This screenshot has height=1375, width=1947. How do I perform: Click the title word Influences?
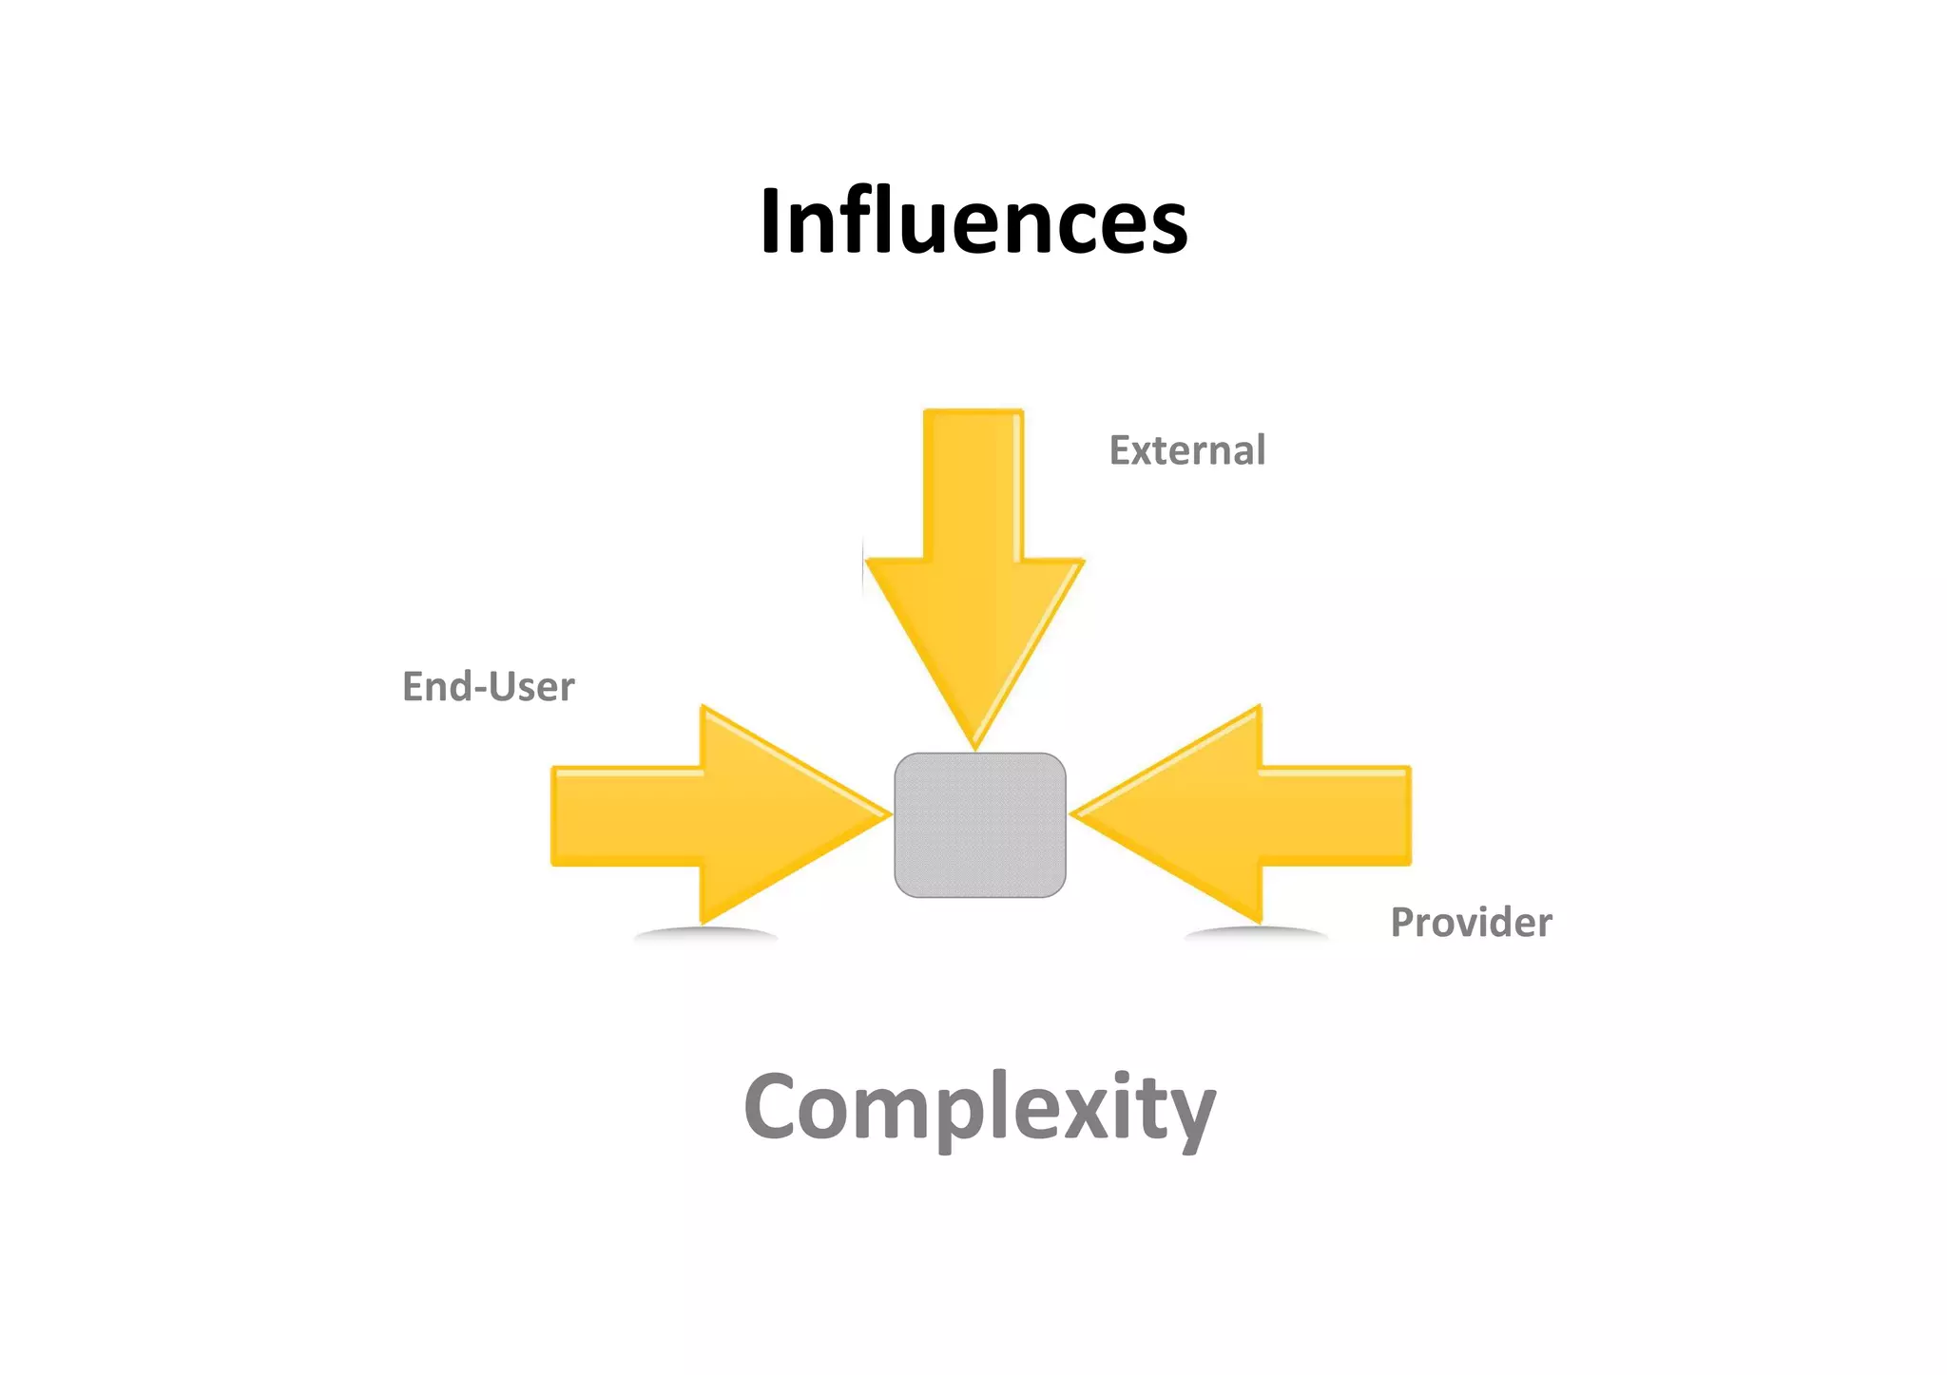(x=973, y=221)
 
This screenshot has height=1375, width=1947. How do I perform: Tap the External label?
(x=1186, y=450)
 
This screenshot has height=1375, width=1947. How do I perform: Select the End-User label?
(x=488, y=686)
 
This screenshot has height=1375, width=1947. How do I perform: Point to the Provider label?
(x=1471, y=923)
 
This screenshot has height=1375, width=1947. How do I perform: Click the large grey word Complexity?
(x=979, y=1107)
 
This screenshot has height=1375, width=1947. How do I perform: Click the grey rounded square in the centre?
(x=979, y=825)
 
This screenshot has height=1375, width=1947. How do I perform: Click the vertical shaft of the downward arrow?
(x=973, y=485)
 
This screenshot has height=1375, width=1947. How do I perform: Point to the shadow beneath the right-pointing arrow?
(x=705, y=934)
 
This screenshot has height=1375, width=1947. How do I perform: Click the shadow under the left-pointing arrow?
(x=1257, y=934)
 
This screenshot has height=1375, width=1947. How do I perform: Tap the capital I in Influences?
(x=772, y=221)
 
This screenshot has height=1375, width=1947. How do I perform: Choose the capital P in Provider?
(x=1403, y=922)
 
